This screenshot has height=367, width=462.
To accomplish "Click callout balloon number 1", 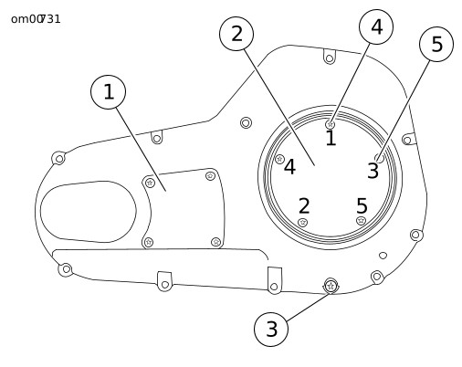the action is [x=108, y=92].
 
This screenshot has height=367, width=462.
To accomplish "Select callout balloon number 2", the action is [x=236, y=34].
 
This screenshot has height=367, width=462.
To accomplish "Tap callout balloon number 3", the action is [x=271, y=329].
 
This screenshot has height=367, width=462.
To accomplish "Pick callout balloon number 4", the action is [x=376, y=26].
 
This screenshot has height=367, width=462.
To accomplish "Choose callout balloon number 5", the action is [x=436, y=44].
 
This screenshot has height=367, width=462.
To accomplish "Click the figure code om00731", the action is [x=36, y=19].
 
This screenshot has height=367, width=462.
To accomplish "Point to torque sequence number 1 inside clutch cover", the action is [x=331, y=138].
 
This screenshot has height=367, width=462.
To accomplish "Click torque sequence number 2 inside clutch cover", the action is [x=304, y=205].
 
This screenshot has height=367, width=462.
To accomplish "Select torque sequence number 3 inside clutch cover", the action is [x=373, y=171].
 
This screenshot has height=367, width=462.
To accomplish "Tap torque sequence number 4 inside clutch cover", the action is [x=289, y=167].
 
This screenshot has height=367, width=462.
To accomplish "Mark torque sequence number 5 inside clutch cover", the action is [x=362, y=205].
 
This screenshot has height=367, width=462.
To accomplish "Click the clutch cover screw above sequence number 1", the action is [x=331, y=124].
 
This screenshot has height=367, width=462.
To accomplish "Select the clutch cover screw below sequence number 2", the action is [x=302, y=223].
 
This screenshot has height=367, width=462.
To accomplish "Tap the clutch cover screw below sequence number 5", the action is [x=361, y=221].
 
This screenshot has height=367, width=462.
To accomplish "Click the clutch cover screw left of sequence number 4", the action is [x=279, y=159].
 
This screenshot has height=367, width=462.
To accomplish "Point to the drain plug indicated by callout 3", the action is [x=331, y=286].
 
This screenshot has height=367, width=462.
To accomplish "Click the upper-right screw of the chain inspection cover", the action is [x=210, y=176].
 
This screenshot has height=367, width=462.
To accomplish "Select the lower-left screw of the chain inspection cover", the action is [x=148, y=242].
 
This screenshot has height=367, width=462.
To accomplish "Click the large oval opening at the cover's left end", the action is [x=89, y=212].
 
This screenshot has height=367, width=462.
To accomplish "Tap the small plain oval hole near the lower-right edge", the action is [x=383, y=256].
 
